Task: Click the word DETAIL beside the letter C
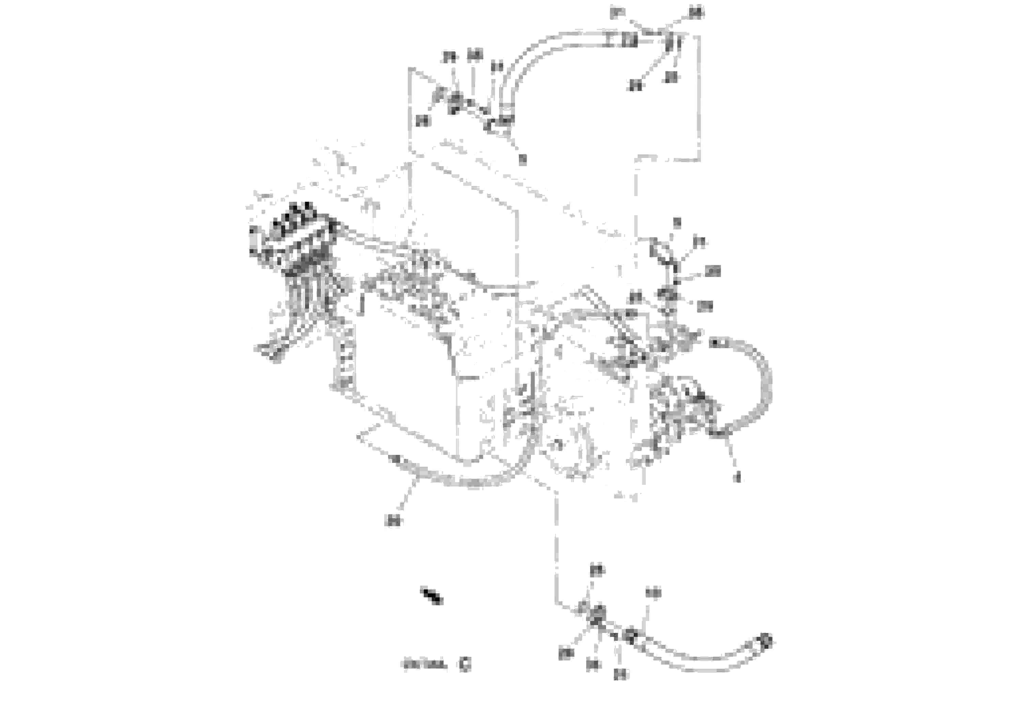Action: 424,665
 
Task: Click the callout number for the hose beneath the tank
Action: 393,521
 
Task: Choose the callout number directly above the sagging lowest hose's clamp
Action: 653,594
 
